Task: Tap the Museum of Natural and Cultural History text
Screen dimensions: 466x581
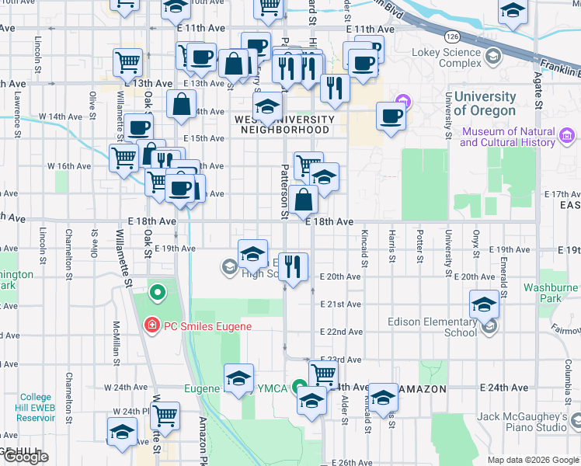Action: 508,137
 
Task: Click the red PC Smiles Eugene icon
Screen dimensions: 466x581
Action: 152,325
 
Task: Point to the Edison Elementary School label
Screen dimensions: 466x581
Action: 439,327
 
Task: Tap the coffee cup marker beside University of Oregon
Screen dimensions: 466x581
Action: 391,116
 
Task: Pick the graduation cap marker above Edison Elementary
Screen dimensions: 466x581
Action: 484,304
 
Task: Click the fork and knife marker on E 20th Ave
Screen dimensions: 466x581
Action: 291,266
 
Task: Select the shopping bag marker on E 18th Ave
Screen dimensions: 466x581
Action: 306,199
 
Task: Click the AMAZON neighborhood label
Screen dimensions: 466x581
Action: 423,388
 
